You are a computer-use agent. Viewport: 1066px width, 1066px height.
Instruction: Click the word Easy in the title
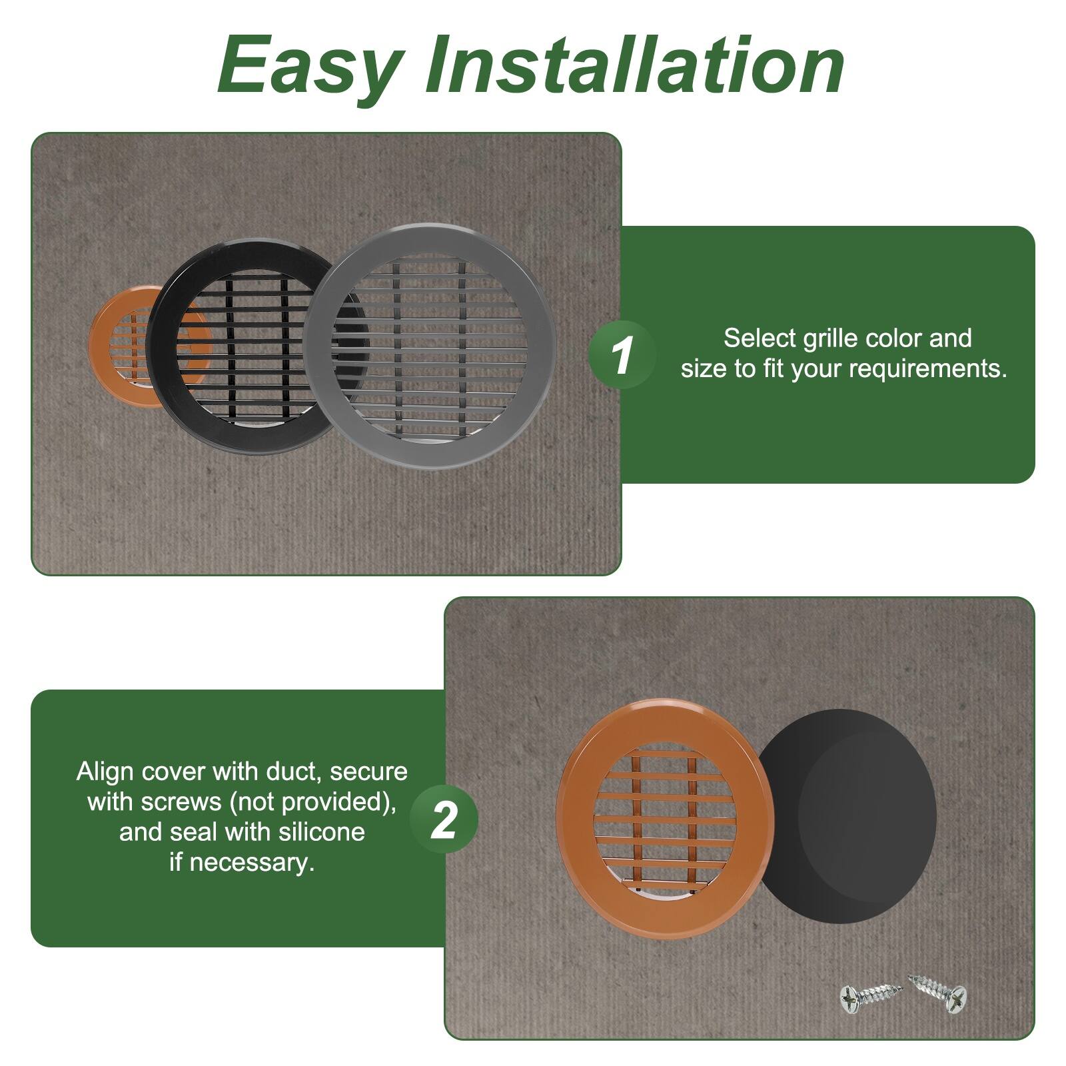(x=310, y=67)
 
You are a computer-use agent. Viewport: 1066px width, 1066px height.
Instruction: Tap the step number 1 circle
(x=622, y=354)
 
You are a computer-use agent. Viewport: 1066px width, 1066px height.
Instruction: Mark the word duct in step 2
(x=294, y=772)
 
